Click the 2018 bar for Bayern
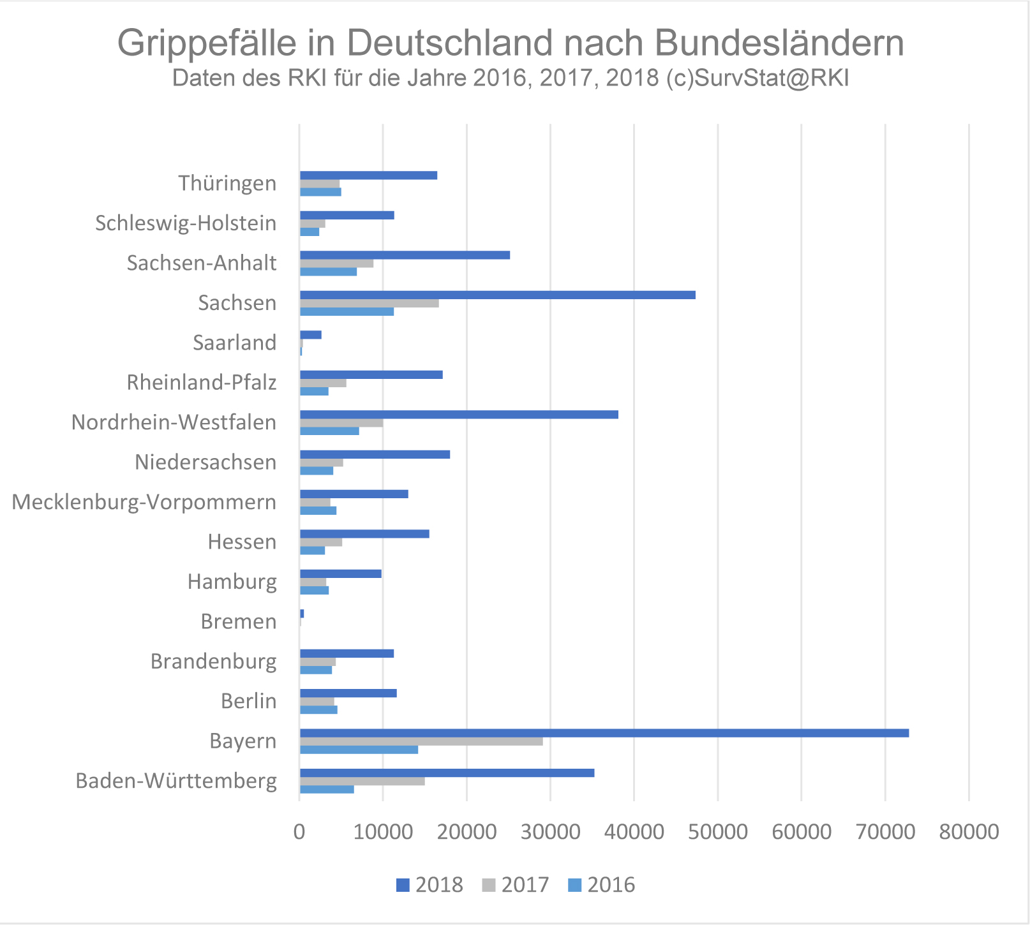point(604,733)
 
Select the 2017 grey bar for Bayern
point(421,741)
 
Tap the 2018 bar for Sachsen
point(497,295)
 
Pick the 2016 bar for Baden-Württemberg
point(327,789)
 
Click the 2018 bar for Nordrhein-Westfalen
point(459,415)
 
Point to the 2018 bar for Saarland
point(311,335)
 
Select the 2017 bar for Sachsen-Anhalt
point(336,263)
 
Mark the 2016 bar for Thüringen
point(320,192)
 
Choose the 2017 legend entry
point(516,885)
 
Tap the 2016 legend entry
point(602,885)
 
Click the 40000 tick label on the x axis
point(634,832)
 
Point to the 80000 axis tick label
point(969,832)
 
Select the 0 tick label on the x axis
point(299,832)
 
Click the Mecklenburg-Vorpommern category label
point(144,502)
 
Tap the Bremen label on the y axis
point(239,621)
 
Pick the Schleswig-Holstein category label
point(186,223)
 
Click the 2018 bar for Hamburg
point(341,573)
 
